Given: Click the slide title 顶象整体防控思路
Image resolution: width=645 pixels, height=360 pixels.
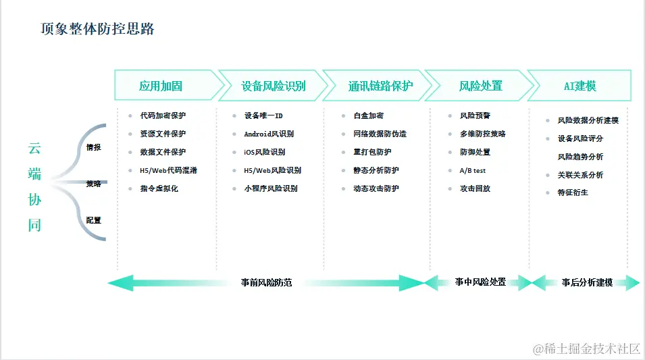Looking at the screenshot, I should (98, 28).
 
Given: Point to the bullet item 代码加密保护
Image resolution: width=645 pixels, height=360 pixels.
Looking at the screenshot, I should (163, 115).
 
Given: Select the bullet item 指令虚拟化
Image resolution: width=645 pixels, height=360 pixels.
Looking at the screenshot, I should (159, 188).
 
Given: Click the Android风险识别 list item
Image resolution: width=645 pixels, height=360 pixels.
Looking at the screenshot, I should (269, 134).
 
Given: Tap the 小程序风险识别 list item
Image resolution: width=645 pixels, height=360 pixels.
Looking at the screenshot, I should (271, 188).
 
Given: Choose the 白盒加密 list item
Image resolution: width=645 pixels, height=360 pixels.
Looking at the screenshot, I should (368, 115).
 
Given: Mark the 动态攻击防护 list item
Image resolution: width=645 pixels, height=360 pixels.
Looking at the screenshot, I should (376, 188).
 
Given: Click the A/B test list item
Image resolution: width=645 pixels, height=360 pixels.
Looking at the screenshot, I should (473, 170).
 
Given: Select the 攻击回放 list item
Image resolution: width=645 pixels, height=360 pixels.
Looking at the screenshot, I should (475, 188).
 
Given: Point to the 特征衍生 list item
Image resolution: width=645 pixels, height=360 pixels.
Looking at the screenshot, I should (573, 192).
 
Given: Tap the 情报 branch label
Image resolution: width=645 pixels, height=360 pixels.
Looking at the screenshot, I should (93, 147).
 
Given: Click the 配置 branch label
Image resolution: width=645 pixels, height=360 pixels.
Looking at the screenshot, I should (93, 220).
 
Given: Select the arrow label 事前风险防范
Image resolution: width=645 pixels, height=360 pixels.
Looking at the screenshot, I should (266, 282).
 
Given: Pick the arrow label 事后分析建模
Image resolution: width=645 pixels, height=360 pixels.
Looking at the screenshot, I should (587, 282).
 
